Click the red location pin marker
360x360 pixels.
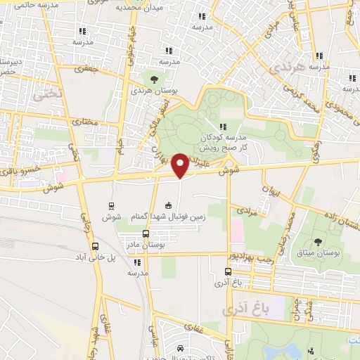(180, 165)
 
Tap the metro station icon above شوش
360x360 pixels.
(111, 205)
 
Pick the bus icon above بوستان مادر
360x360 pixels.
(146, 233)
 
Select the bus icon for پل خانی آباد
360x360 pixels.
(95, 246)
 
